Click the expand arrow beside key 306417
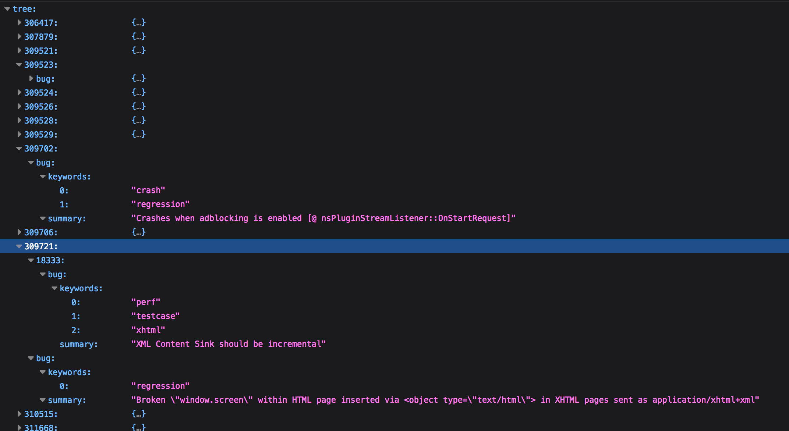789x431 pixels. pos(19,23)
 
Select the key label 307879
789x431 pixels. pos(40,37)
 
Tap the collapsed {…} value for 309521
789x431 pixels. pos(139,51)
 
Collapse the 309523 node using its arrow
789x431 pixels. pos(19,65)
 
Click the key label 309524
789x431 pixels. pos(40,93)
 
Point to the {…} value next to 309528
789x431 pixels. pos(139,121)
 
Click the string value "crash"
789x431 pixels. pos(148,190)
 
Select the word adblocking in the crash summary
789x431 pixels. pos(224,218)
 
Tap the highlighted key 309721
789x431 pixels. pos(40,246)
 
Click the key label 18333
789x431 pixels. pos(50,260)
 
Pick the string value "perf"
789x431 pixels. pos(146,302)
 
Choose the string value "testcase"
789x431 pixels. pos(156,316)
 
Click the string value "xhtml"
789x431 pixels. pos(148,330)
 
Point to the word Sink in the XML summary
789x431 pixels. pos(204,344)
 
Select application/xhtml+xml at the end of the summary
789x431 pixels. pos(703,400)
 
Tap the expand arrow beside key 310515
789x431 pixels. pos(19,414)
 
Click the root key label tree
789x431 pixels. pos(24,9)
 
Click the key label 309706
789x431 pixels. pos(40,232)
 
